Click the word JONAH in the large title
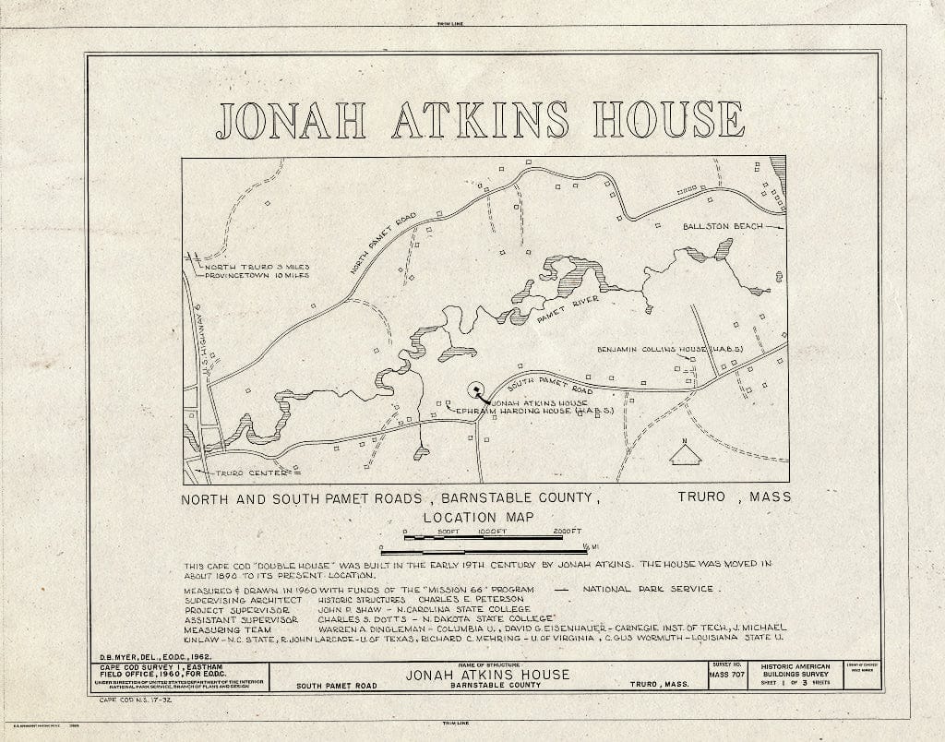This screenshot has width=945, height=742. [x=291, y=120]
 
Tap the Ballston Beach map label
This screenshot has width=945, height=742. [x=723, y=226]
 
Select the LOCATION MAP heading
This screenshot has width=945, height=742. [x=479, y=518]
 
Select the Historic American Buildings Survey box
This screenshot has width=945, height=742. [x=795, y=675]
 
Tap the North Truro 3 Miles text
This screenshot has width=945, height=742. [x=256, y=267]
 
